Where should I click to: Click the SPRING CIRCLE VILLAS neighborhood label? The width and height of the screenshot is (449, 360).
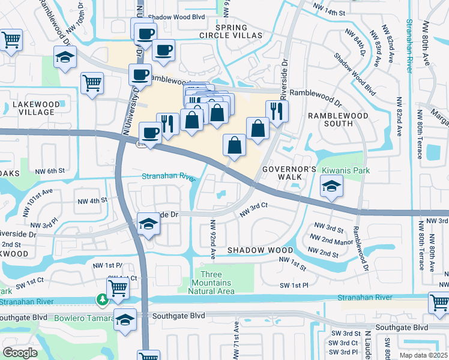coord(239,32)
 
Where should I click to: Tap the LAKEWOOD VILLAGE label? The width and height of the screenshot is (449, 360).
coord(36,109)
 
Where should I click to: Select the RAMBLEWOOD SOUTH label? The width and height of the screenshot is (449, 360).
coord(331,119)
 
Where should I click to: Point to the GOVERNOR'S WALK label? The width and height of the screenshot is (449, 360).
coord(288,173)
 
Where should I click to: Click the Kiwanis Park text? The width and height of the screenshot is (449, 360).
coord(346,170)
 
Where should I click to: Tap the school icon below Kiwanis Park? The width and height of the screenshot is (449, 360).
coord(331,187)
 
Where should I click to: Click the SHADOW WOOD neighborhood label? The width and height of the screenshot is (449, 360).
coord(260,250)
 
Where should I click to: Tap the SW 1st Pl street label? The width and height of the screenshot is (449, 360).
coord(294,286)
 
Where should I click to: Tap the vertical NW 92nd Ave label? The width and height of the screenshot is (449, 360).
coord(212,239)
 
